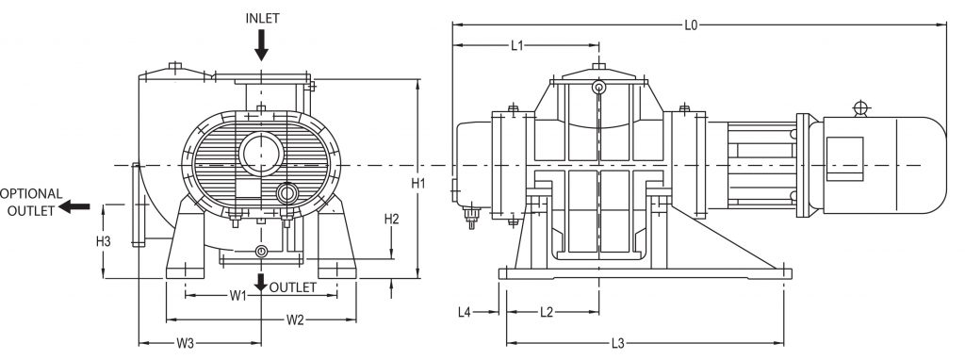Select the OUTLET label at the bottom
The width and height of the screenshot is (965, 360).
click(296, 286)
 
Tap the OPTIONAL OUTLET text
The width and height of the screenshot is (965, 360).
click(32, 202)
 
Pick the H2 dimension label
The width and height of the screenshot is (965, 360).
click(393, 219)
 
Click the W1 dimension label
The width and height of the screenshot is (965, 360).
click(238, 296)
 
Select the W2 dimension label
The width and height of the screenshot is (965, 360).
click(294, 319)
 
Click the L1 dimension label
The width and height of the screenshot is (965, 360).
click(517, 45)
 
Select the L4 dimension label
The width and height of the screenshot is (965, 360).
click(464, 310)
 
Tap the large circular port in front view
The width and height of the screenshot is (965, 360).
click(261, 152)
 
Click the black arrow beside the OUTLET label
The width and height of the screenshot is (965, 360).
click(260, 283)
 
